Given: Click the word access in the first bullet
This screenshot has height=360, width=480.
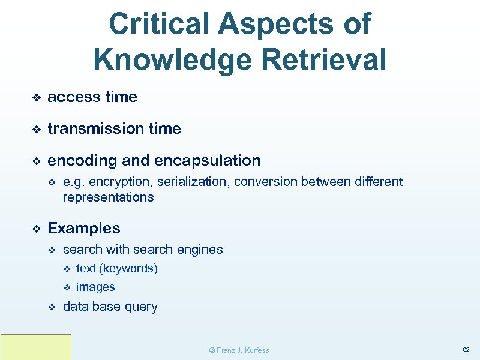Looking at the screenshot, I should click(x=67, y=97).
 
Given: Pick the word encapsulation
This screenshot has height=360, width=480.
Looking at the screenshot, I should click(x=208, y=161).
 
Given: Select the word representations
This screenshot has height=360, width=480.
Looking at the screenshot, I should click(x=108, y=197).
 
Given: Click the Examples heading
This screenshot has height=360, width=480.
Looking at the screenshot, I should click(x=84, y=229).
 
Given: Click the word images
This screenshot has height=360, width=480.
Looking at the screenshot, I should click(x=95, y=287).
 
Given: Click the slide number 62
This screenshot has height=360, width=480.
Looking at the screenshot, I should click(x=466, y=349).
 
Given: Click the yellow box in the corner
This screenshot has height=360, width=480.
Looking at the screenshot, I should click(x=35, y=347).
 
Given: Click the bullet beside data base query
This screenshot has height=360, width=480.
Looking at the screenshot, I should click(x=52, y=307).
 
